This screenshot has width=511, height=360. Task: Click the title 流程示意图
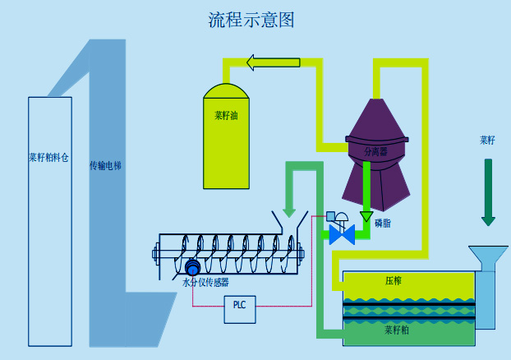pyautogui.click(x=251, y=20)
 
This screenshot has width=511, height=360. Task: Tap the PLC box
pyautogui.click(x=239, y=306)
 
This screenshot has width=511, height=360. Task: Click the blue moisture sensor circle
pyautogui.click(x=193, y=268)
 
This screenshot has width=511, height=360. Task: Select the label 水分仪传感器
pyautogui.click(x=205, y=282)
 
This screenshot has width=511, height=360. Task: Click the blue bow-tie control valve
pyautogui.click(x=342, y=235)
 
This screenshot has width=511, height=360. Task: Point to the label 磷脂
pyautogui.click(x=383, y=223)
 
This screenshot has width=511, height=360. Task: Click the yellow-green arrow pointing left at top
pyautogui.click(x=274, y=62)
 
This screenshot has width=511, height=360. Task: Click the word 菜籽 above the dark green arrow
pyautogui.click(x=488, y=141)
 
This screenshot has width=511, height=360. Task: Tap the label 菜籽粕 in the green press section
pyautogui.click(x=397, y=331)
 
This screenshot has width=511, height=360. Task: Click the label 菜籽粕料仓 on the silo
pyautogui.click(x=48, y=156)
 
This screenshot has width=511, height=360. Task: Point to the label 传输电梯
pyautogui.click(x=105, y=166)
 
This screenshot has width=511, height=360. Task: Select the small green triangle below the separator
pyautogui.click(x=366, y=217)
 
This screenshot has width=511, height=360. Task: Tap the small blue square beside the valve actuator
pyautogui.click(x=330, y=216)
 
